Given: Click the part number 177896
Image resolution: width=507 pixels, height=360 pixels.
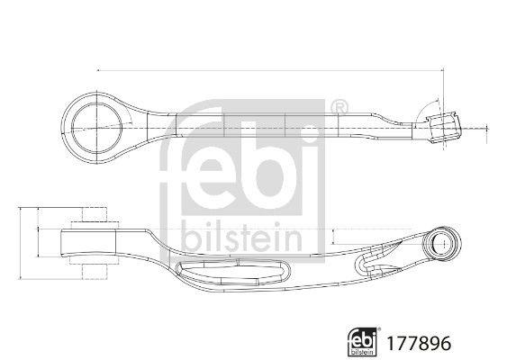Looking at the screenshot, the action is [x=419, y=343].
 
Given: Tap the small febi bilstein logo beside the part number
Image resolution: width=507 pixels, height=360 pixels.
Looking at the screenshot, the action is [x=362, y=342].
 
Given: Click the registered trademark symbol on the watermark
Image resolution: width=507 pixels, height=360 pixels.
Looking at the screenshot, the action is [x=340, y=107].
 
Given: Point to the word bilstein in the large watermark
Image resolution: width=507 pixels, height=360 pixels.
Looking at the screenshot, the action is [x=241, y=237].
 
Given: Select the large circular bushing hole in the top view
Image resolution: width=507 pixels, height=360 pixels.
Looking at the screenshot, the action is [x=96, y=129].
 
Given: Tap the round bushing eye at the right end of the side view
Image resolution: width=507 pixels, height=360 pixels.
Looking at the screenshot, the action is [x=443, y=243].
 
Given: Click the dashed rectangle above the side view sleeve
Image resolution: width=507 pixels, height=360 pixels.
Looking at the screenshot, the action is [x=94, y=214].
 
